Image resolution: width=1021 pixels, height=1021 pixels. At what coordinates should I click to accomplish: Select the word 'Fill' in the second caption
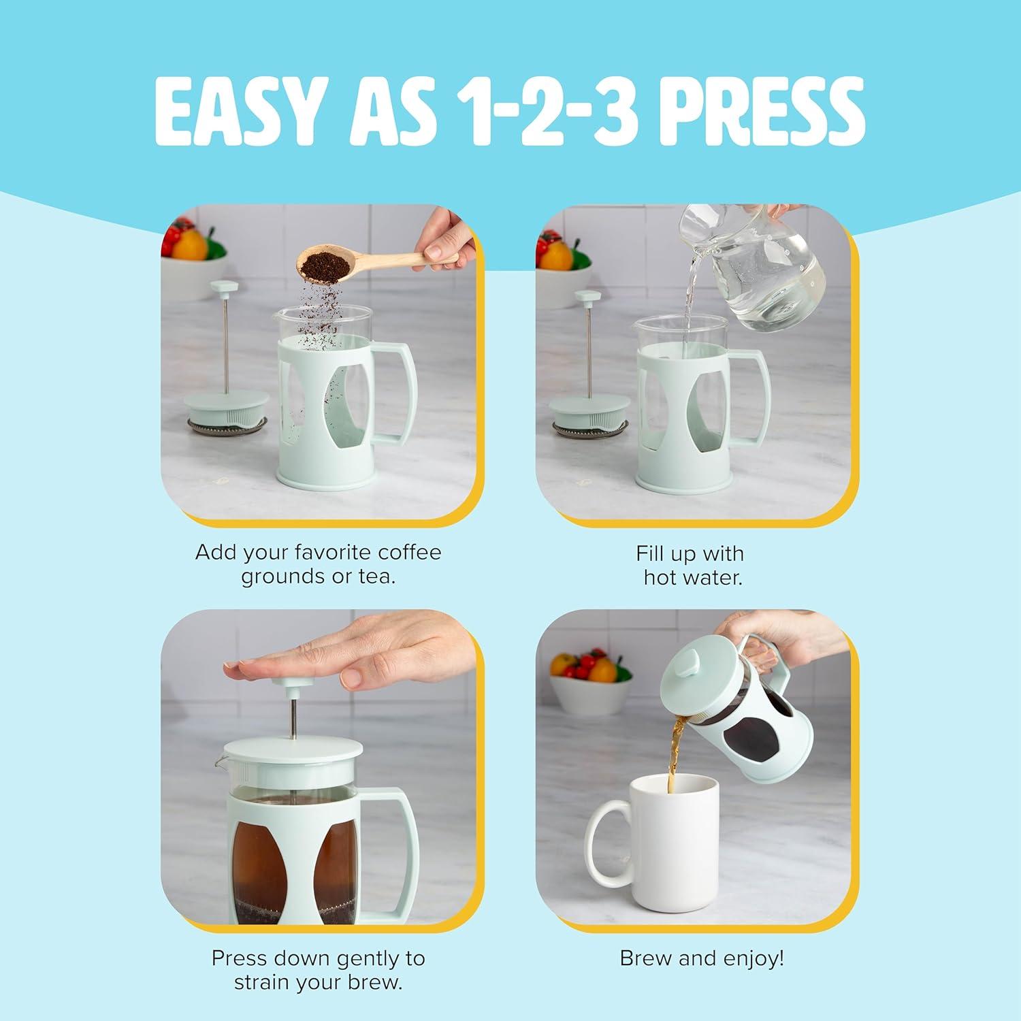click(x=649, y=553)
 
